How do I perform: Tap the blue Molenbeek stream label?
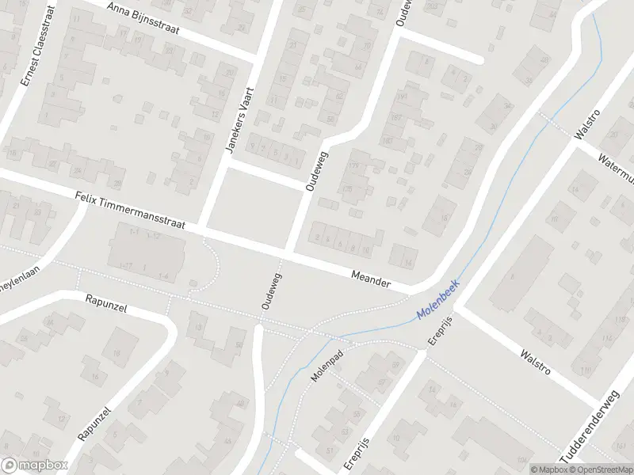coord(438,304)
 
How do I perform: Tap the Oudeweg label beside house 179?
coord(316,170)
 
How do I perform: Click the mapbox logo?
coord(34,465)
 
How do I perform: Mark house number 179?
coord(353,165)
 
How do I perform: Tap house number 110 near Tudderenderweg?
coord(586,370)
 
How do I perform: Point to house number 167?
coord(395,119)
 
